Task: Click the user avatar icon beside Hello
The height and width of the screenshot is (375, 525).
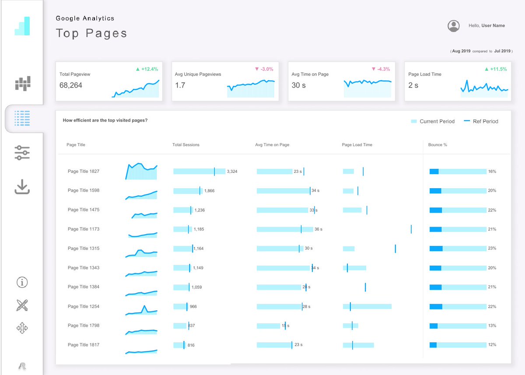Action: [x=453, y=26]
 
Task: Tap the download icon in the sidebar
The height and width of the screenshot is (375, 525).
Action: [x=22, y=187]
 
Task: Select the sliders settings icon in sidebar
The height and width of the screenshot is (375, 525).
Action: [x=22, y=153]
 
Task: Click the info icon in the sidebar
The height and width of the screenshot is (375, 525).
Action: [x=22, y=282]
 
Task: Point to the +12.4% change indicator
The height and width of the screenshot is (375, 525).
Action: [x=147, y=69]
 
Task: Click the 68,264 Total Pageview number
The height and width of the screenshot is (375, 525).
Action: [x=71, y=85]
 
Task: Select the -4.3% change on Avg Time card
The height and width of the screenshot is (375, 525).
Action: [x=380, y=69]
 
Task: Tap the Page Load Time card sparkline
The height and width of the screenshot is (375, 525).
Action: [x=484, y=89]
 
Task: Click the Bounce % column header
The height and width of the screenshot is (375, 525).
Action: [x=437, y=145]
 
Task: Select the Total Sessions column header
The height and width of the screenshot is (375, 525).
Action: [x=185, y=145]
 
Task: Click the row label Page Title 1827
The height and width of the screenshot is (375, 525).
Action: [x=84, y=172]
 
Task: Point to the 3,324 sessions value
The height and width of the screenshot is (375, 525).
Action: [x=232, y=172]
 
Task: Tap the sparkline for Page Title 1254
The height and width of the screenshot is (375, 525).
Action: [x=141, y=310]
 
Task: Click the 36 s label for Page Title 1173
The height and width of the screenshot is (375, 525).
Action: [x=318, y=229]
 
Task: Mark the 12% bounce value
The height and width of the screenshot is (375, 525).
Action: [x=492, y=345]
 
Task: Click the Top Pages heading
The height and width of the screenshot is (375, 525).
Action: [x=91, y=33]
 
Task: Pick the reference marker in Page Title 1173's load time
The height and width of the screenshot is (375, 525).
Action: [x=411, y=229]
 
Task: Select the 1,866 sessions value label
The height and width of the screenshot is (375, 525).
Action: [x=210, y=191]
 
